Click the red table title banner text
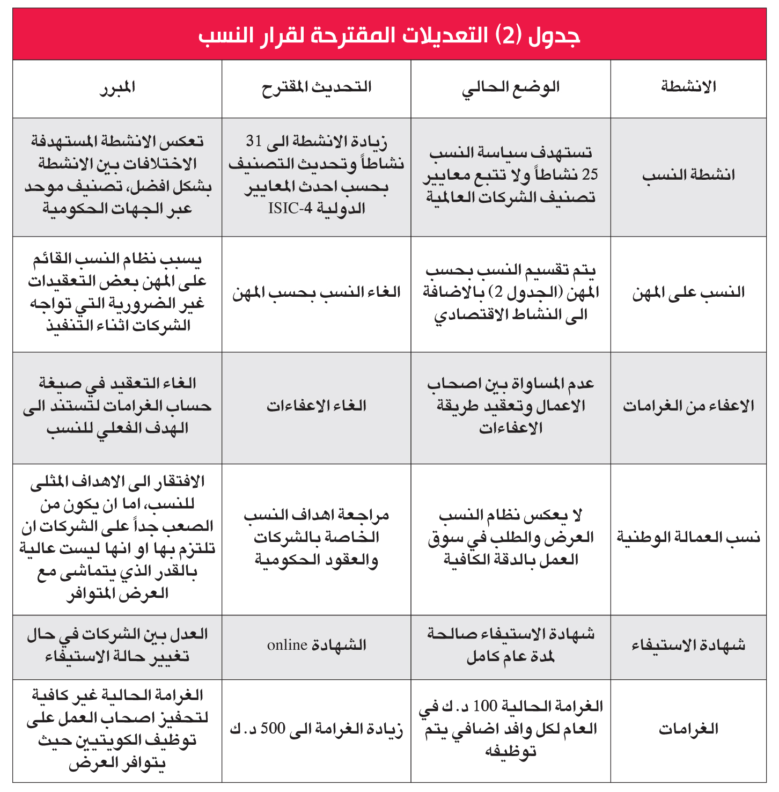[389, 35]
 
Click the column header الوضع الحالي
[510, 88]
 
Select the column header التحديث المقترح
[317, 87]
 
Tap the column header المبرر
[117, 88]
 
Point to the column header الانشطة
[688, 87]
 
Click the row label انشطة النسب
[688, 175]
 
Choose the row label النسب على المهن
[688, 293]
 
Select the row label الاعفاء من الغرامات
[688, 407]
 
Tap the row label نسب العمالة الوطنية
[688, 538]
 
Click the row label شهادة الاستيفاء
[688, 645]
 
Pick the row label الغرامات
[688, 729]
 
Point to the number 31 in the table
[254, 141]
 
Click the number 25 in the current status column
[590, 175]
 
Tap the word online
[287, 645]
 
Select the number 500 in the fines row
[273, 729]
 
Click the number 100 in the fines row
[485, 707]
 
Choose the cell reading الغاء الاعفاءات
[317, 406]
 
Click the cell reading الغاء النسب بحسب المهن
[317, 293]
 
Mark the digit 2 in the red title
[507, 35]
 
